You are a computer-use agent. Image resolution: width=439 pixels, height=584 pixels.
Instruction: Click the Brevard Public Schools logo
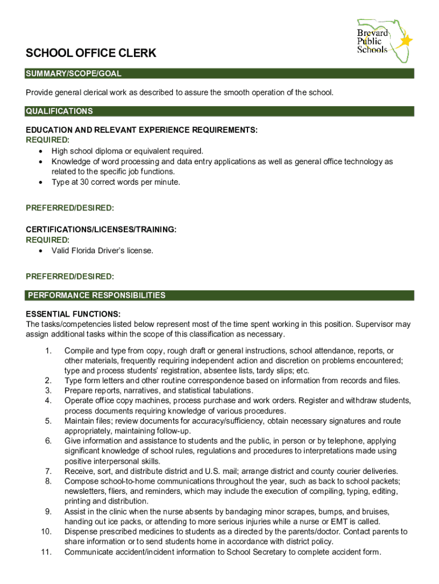pyautogui.click(x=377, y=40)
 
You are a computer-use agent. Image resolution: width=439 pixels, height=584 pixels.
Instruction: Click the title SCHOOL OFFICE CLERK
pyautogui.click(x=91, y=54)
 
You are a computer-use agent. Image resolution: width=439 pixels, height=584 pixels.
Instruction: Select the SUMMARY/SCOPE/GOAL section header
pyautogui.click(x=74, y=74)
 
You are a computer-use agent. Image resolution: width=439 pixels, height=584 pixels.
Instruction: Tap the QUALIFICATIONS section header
pyautogui.click(x=59, y=111)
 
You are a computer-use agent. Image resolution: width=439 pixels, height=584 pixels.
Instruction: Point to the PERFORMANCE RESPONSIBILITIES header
pyautogui.click(x=96, y=295)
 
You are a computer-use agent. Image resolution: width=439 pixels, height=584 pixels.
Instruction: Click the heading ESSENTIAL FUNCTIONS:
pyautogui.click(x=73, y=314)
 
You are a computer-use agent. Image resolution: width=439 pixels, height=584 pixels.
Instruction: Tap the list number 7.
pyautogui.click(x=48, y=471)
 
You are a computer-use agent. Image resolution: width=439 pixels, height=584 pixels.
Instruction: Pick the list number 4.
pyautogui.click(x=48, y=401)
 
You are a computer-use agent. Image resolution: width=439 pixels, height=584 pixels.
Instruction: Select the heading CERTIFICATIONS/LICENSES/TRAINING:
pyautogui.click(x=101, y=229)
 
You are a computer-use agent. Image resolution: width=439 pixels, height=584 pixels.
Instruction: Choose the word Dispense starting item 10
pyautogui.click(x=82, y=532)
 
